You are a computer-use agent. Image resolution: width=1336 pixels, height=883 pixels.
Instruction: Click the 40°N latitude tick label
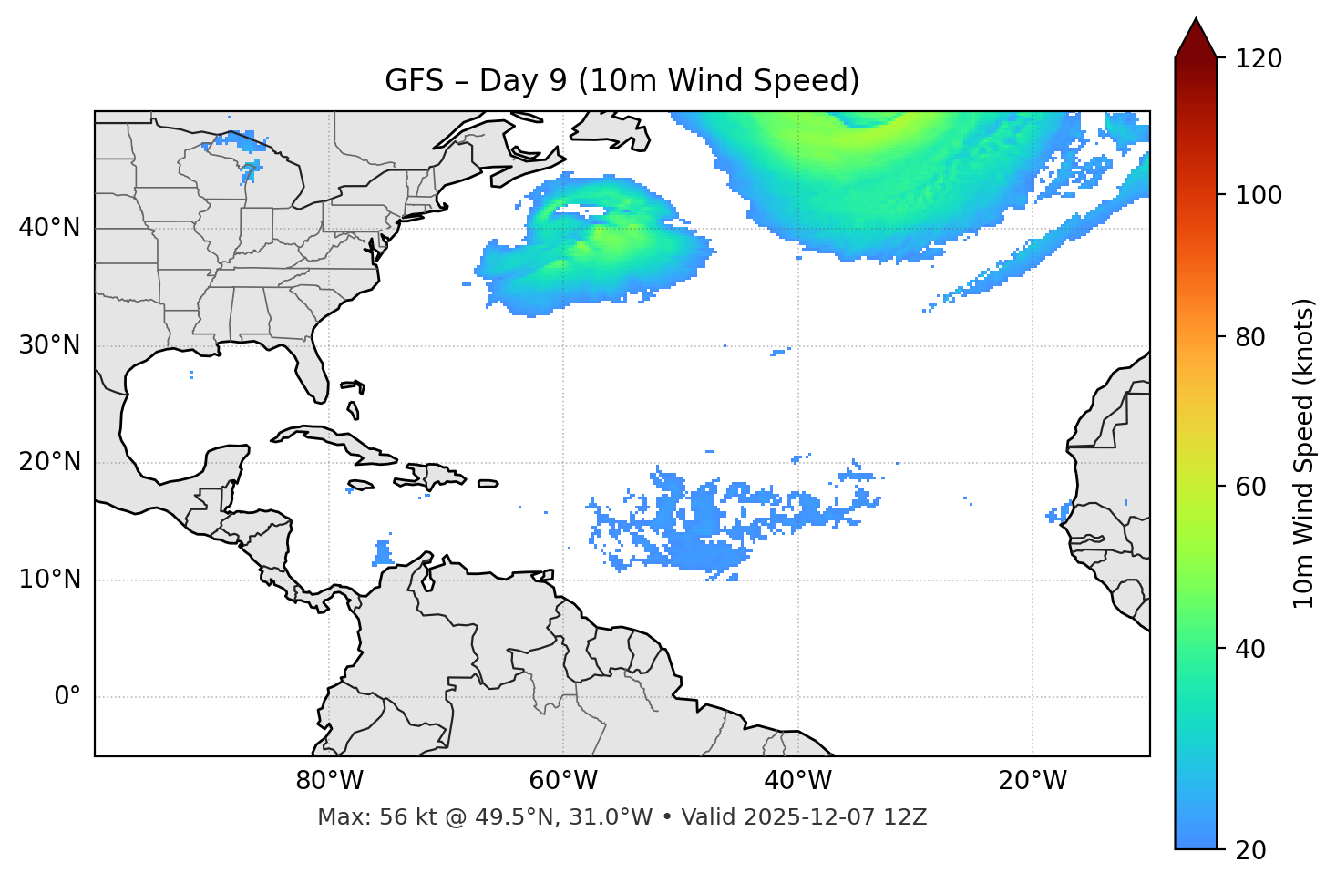coord(49,228)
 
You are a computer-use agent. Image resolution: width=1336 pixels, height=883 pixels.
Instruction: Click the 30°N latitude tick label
coord(49,345)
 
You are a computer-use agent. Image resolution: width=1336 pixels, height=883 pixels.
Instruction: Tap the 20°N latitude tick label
coord(49,463)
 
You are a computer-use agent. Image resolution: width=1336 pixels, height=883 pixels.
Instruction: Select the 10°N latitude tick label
coord(49,580)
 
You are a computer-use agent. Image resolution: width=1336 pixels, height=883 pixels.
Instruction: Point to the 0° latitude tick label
coord(67,697)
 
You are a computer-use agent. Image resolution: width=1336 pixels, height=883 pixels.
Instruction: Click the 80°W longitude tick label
coord(329,781)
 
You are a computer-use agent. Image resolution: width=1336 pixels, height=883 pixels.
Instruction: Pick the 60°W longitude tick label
coord(563,781)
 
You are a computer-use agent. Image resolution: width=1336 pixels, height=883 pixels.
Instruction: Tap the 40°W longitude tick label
coord(798,781)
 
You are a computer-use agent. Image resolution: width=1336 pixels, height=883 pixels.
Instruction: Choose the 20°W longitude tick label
coord(1033,781)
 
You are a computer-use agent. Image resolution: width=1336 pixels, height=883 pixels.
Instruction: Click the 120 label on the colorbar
coord(1259,59)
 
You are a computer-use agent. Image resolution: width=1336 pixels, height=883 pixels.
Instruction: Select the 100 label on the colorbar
coord(1259,195)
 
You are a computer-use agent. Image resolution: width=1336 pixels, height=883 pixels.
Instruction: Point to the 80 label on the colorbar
coord(1252,337)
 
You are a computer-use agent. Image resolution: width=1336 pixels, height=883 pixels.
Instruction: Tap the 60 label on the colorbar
coord(1252,487)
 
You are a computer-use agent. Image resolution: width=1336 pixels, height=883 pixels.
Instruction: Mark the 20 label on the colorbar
coord(1252,850)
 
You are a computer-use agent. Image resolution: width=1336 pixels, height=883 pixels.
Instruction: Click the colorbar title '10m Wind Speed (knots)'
coord(1304,454)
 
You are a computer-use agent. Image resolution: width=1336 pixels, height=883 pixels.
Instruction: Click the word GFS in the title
coord(414,81)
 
